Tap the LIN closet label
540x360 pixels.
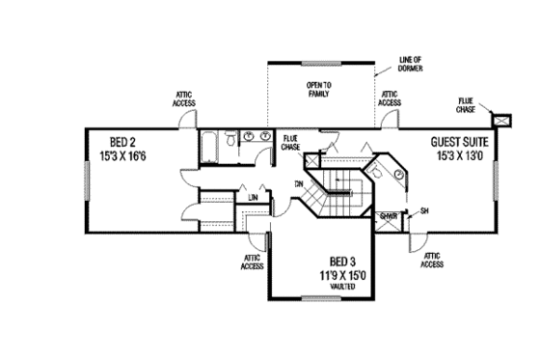(x=254, y=198)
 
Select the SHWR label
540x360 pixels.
(x=390, y=215)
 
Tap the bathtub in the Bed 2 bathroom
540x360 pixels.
(x=208, y=146)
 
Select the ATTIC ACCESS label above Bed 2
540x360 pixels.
(x=186, y=99)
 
